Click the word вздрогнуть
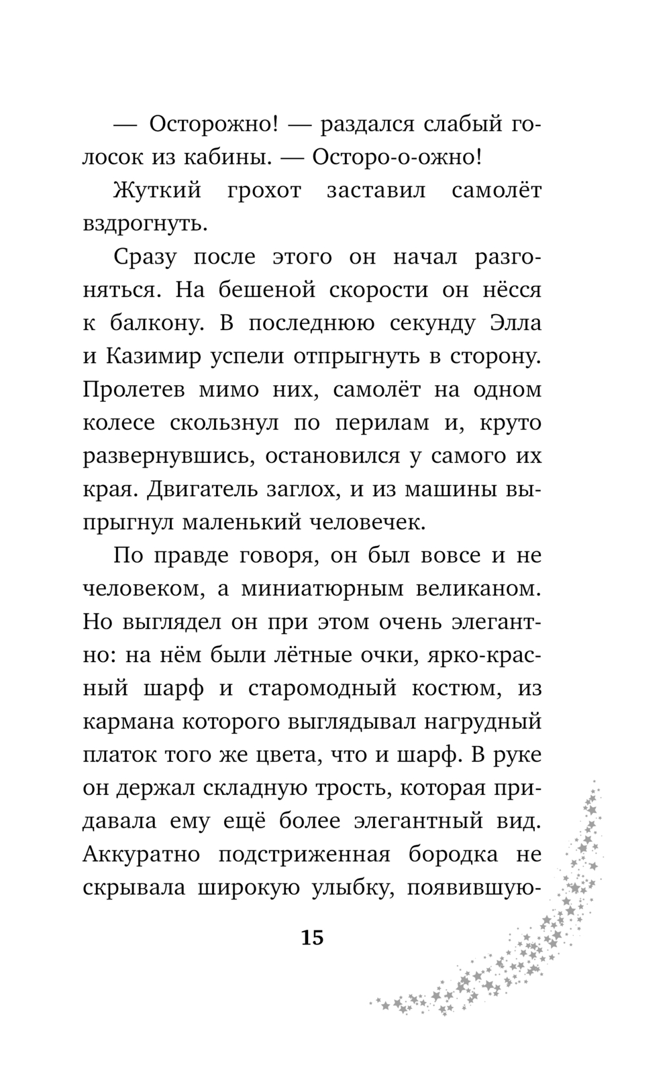pyautogui.click(x=145, y=224)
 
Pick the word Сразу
pyautogui.click(x=146, y=257)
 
